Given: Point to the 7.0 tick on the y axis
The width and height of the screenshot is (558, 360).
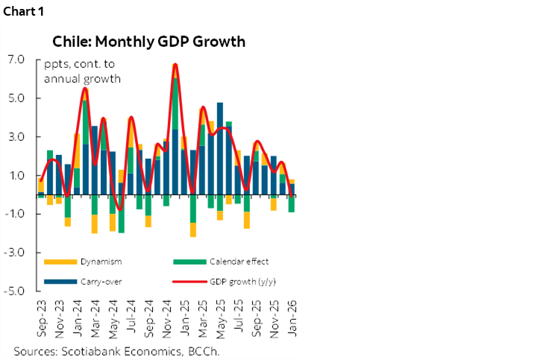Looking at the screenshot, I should [17, 60].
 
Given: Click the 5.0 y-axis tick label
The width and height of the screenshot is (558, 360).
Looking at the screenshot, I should [17, 98].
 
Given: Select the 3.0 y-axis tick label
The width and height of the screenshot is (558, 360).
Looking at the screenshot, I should [17, 137].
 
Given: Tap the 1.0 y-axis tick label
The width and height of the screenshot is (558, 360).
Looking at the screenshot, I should [17, 176].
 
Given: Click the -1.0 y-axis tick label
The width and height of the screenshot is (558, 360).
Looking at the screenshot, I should [16, 215].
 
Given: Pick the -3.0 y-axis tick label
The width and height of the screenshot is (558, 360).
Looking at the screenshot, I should [16, 253].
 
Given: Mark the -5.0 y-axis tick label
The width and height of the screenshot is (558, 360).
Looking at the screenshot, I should [16, 291].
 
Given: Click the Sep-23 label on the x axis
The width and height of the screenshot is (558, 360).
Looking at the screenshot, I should [41, 317].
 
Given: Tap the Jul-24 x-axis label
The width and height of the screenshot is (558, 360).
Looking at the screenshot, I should [131, 317].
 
